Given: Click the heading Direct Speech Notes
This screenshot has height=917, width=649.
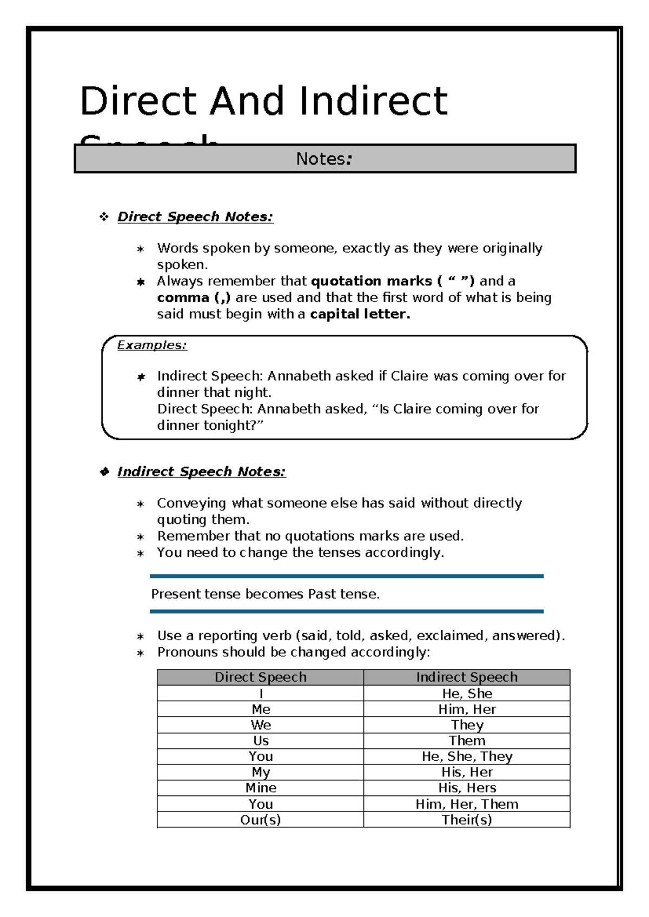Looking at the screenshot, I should (x=195, y=217).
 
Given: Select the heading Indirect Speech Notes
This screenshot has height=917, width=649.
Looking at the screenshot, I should (x=201, y=472).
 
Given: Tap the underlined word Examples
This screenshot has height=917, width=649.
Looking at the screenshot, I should (x=152, y=345).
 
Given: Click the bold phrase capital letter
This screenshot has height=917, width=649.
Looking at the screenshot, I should (x=360, y=314).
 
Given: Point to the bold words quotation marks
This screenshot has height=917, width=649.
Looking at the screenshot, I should (x=371, y=281).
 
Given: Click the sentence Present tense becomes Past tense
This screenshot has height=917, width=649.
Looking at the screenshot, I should (x=265, y=594).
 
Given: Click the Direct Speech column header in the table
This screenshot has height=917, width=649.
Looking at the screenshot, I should (x=260, y=677).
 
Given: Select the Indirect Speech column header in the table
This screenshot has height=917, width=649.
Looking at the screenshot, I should (x=467, y=677).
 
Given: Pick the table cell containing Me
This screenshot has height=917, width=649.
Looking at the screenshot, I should (x=261, y=709).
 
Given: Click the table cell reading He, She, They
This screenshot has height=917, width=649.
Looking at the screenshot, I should (x=467, y=756).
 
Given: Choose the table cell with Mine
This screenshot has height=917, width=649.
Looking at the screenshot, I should (x=261, y=788).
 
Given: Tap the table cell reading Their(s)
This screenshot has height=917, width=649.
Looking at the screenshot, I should (x=467, y=820).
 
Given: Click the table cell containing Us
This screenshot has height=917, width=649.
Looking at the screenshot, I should (x=261, y=741).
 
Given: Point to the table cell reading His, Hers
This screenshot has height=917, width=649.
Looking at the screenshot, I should (x=467, y=788).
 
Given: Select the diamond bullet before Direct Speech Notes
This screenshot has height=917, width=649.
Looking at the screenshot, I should (x=104, y=217).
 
